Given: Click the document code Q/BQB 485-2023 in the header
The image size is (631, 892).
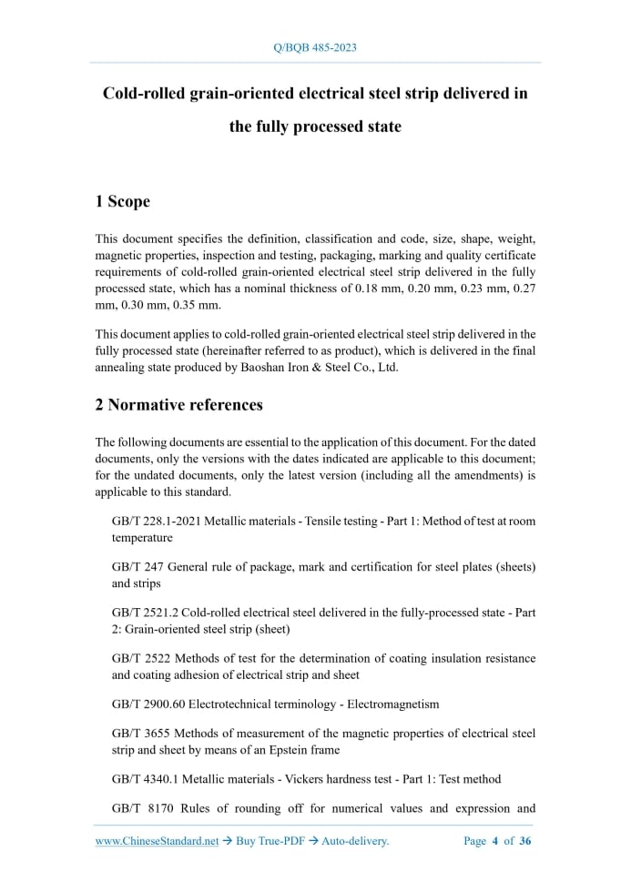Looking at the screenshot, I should (315, 46).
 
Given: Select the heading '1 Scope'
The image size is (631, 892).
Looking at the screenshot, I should (123, 201).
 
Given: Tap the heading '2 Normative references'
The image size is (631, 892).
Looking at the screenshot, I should (179, 404).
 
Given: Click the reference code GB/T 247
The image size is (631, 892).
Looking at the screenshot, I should (135, 566).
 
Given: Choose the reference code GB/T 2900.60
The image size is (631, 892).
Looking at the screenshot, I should (148, 704).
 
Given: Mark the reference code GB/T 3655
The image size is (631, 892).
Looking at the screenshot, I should (138, 733).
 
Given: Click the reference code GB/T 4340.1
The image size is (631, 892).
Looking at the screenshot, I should (145, 778).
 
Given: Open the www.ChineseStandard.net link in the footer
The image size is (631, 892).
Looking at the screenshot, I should (157, 841).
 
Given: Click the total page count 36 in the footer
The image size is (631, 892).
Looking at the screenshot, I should (525, 841).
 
